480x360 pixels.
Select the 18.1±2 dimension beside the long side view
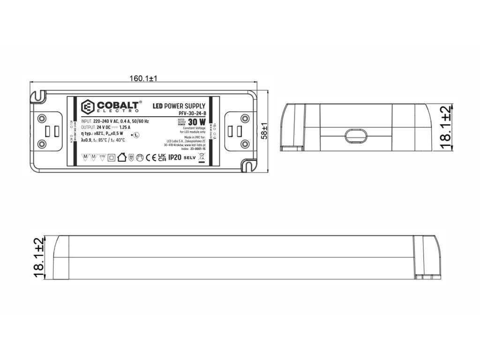(x=39, y=257)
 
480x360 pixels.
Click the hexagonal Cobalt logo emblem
(x=88, y=106)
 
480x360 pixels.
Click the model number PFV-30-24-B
(x=192, y=114)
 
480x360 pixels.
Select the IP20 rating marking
(x=174, y=158)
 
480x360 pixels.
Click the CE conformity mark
(x=151, y=158)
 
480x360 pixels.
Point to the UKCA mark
(x=162, y=158)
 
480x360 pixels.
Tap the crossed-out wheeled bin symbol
(x=202, y=157)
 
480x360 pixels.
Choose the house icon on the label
(x=121, y=157)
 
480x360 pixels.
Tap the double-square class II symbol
(x=111, y=158)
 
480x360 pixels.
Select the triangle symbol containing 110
(x=102, y=157)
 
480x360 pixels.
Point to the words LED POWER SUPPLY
(x=180, y=106)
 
